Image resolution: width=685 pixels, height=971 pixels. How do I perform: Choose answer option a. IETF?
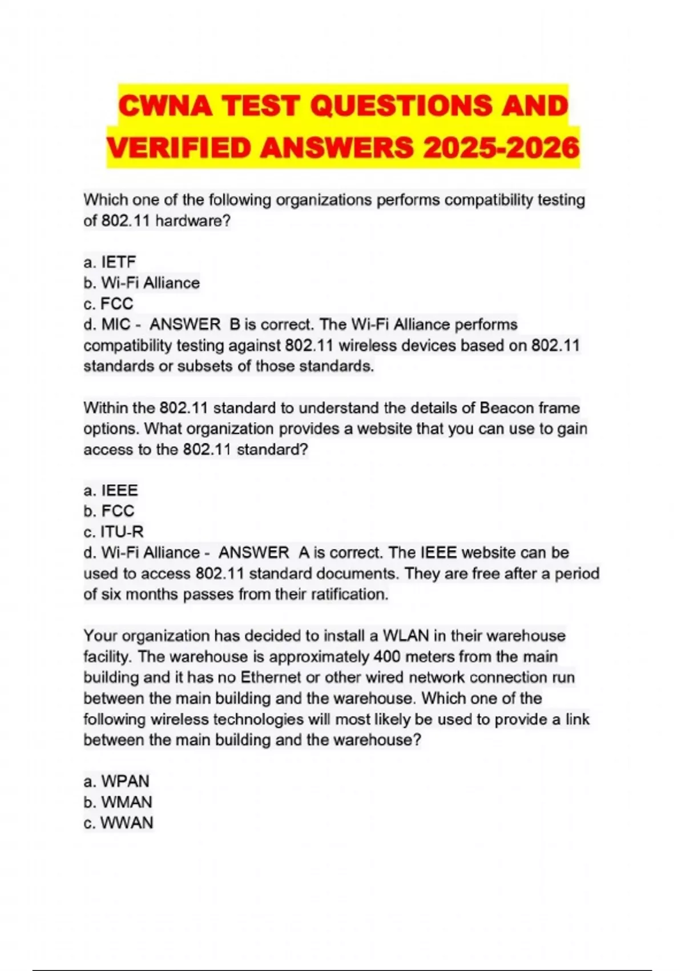point(110,262)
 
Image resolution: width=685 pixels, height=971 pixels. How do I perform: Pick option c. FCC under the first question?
point(108,303)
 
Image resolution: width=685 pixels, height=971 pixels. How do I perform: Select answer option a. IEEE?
point(111,491)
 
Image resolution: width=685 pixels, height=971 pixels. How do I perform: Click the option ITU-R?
point(114,532)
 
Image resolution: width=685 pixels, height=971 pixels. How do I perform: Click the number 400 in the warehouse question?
point(386,656)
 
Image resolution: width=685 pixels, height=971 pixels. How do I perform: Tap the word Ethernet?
point(270,677)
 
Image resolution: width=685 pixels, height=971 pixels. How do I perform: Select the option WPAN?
point(116,781)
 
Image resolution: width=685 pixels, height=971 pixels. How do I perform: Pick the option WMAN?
point(118,802)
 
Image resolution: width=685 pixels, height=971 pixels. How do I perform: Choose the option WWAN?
point(118,822)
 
